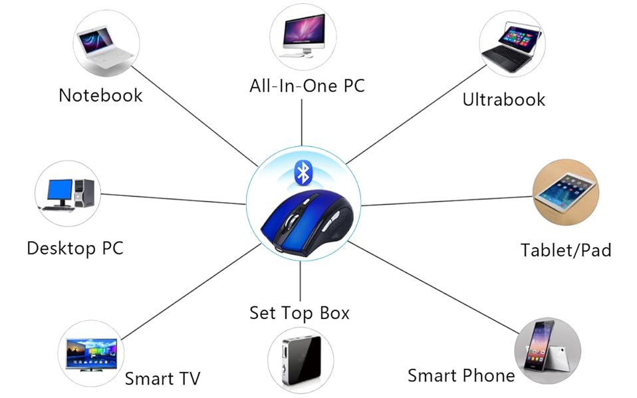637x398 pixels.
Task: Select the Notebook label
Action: [100, 95]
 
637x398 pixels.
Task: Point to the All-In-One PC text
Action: [307, 86]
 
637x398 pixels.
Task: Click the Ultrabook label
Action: [503, 100]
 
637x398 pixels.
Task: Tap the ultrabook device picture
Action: [511, 46]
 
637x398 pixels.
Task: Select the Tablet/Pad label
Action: [565, 250]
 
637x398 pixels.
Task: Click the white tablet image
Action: [565, 191]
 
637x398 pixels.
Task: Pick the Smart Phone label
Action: [461, 375]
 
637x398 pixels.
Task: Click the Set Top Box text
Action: [299, 312]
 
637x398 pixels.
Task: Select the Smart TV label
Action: [162, 379]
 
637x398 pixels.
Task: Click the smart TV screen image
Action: [92, 353]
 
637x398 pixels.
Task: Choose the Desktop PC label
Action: [74, 249]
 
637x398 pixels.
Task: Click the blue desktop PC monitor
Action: [60, 190]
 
